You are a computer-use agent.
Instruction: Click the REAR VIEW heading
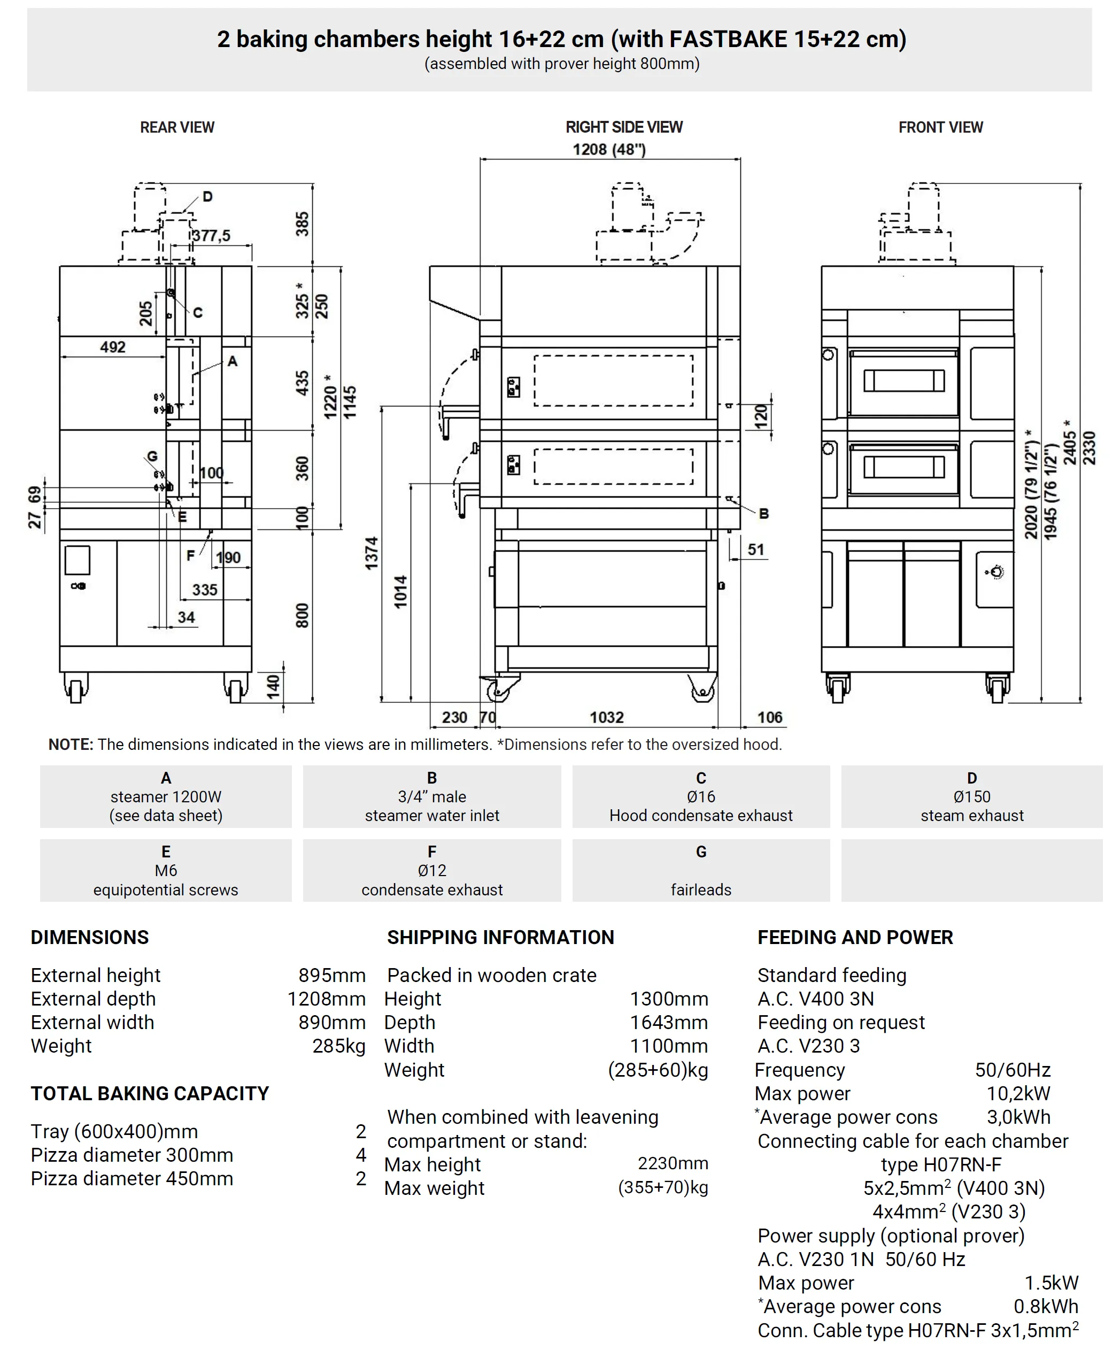click(x=177, y=127)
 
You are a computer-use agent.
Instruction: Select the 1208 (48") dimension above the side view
click(x=608, y=150)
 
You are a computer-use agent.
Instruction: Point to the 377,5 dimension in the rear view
click(x=211, y=236)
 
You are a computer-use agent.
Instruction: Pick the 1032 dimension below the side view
click(x=607, y=717)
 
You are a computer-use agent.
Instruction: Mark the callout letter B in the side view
click(x=763, y=513)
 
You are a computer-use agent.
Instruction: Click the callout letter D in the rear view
click(x=207, y=197)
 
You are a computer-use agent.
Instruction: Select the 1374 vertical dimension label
click(x=372, y=553)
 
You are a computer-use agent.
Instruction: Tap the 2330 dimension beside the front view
click(x=1088, y=448)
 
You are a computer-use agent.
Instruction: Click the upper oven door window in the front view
click(x=903, y=381)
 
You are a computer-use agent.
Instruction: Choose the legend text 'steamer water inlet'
click(x=432, y=815)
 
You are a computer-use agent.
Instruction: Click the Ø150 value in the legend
click(x=971, y=796)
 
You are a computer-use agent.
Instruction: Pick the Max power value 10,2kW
click(x=1018, y=1093)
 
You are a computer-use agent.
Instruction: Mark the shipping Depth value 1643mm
click(x=668, y=1023)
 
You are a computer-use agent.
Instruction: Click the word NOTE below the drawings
click(x=71, y=745)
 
